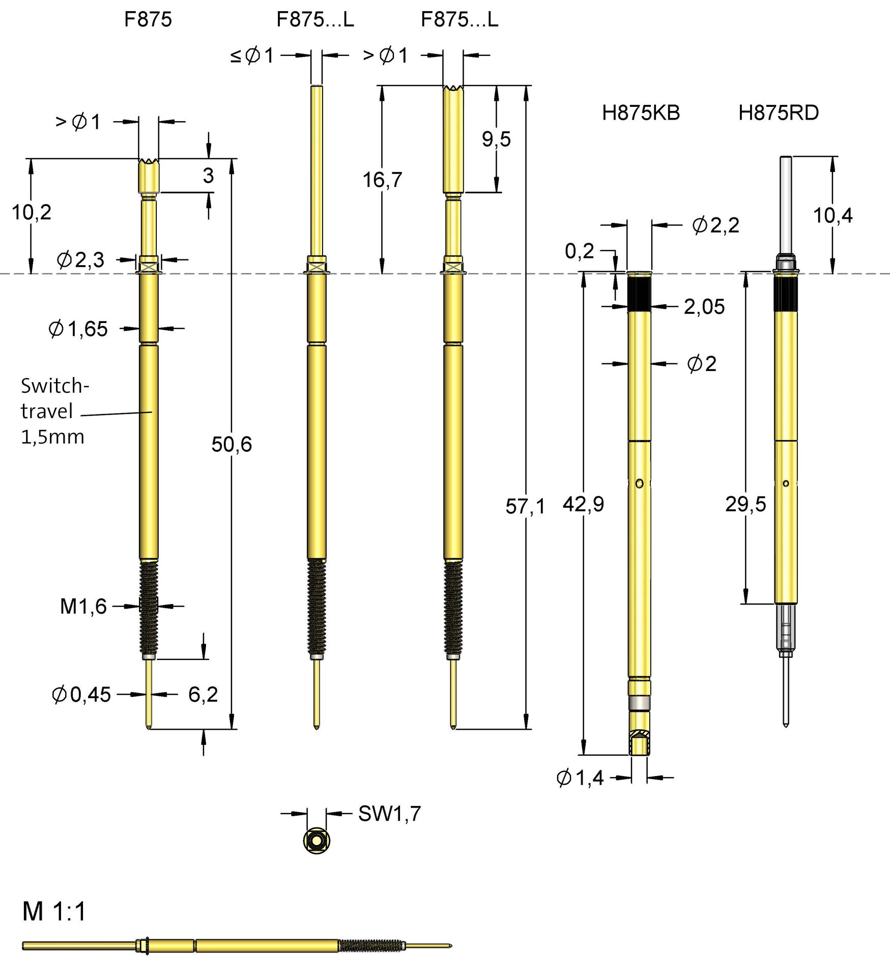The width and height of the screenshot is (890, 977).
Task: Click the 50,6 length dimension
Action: point(232,444)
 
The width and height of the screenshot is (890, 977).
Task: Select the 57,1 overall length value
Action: point(525,506)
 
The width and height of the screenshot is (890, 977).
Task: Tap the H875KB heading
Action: point(641,113)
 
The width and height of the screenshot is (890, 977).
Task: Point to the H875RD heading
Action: point(778,113)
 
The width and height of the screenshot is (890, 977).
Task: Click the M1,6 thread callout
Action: point(83,606)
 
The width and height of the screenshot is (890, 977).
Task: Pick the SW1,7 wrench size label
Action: point(389,814)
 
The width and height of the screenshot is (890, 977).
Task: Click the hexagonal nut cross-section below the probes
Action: point(317,840)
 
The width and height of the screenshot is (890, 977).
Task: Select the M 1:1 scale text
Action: point(54,911)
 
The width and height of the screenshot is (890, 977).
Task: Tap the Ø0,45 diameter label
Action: point(81,695)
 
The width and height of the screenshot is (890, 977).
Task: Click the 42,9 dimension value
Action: point(583,504)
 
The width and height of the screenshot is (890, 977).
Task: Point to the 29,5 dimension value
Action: point(745,504)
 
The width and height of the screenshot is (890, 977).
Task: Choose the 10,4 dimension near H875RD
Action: point(832,216)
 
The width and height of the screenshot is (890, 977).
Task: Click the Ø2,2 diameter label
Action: point(715,225)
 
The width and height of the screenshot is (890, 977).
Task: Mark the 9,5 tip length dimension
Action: point(496,139)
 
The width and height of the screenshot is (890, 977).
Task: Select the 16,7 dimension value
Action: point(382,180)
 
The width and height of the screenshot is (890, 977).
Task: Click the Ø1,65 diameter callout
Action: point(78,329)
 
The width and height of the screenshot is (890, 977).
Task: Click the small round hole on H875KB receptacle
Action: point(639,483)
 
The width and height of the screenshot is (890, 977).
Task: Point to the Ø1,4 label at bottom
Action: point(580,778)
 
